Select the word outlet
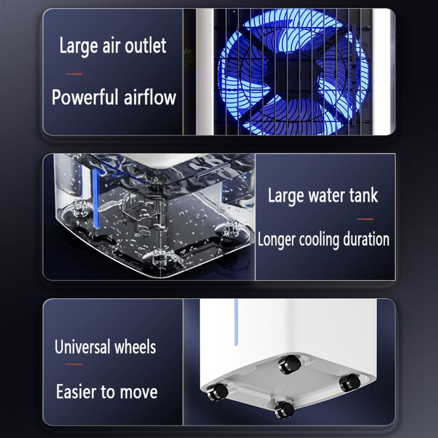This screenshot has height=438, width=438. click(x=146, y=46)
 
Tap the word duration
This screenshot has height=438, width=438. click(x=366, y=239)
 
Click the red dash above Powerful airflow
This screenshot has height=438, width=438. click(x=74, y=74)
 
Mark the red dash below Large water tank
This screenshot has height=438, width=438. click(x=365, y=219)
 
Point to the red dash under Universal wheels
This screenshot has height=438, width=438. click(x=74, y=364)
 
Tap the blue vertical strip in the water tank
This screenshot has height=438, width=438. click(x=96, y=199)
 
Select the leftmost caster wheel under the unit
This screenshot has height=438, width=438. click(x=218, y=391)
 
